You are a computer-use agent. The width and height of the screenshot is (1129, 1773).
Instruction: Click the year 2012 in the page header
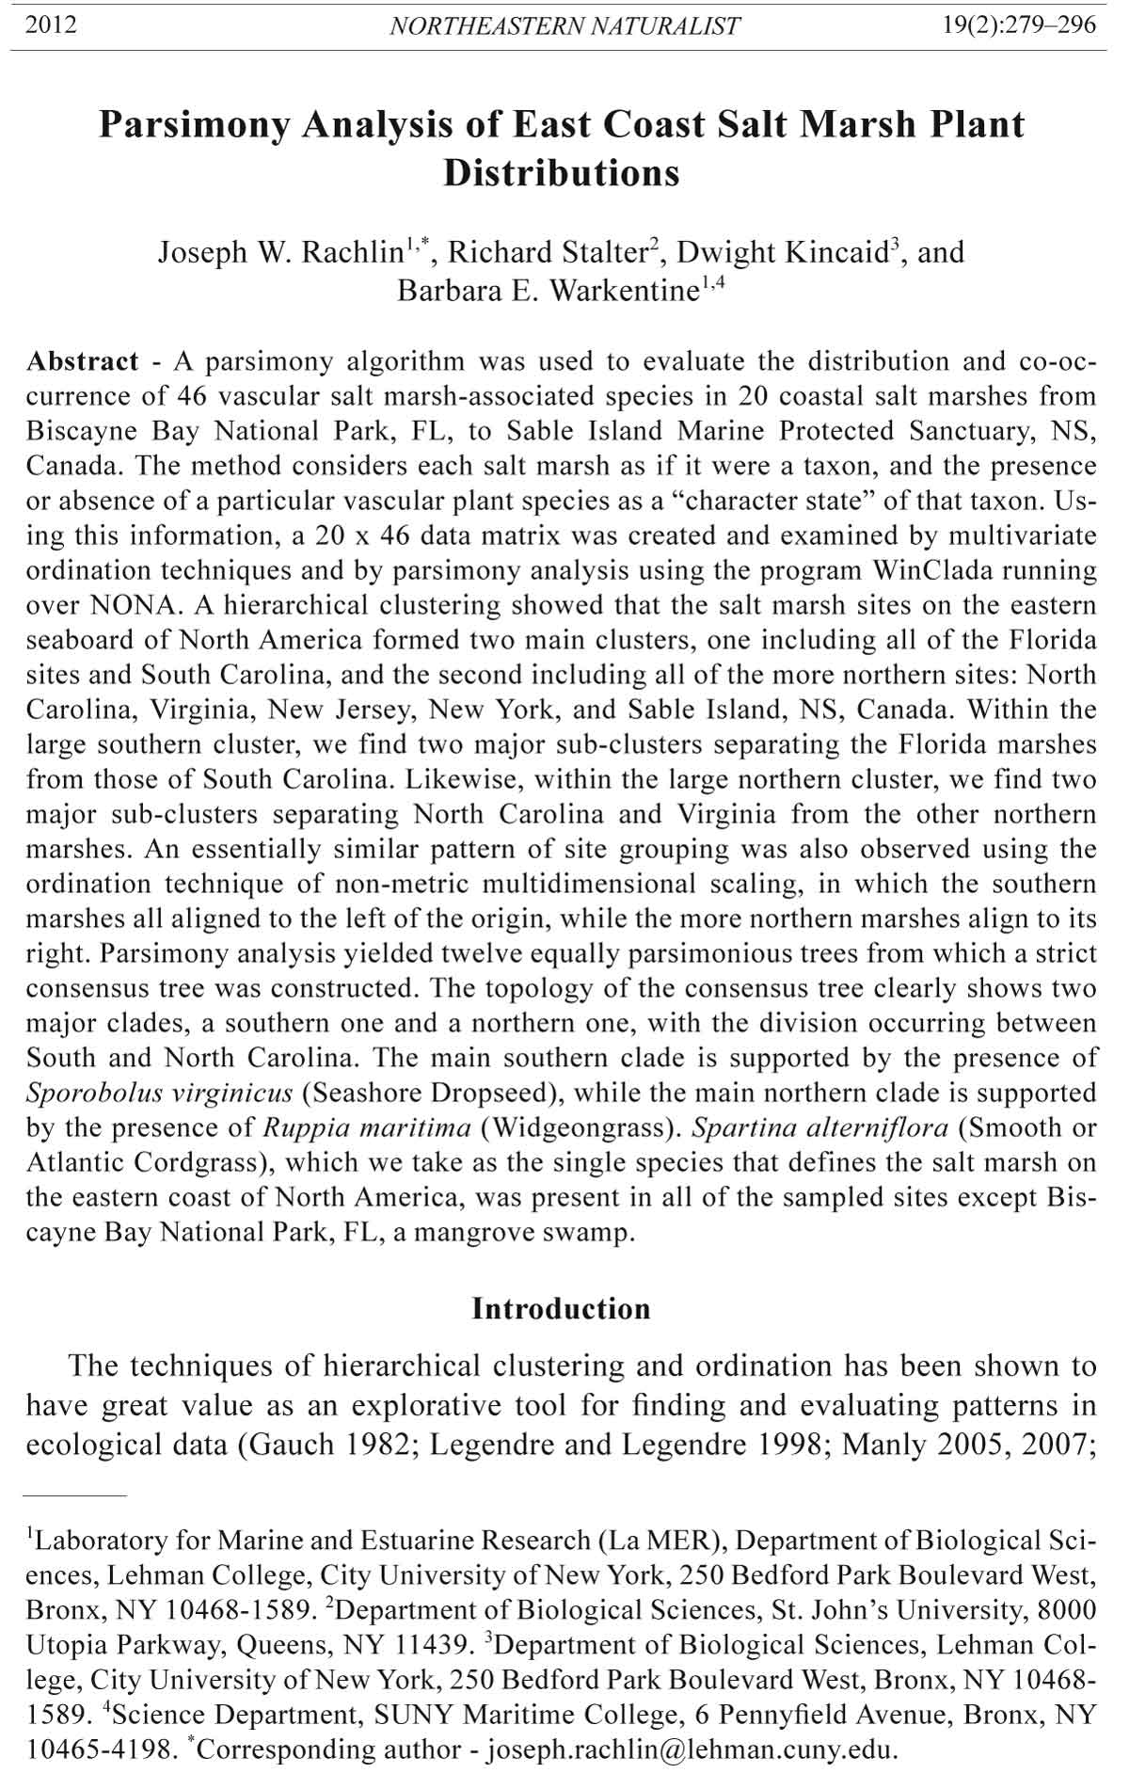click(51, 25)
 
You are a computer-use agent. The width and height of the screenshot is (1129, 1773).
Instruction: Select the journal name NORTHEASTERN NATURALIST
click(564, 26)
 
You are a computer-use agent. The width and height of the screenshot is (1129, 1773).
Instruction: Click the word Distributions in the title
click(562, 173)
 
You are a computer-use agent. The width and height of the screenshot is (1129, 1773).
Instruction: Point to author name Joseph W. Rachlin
click(280, 253)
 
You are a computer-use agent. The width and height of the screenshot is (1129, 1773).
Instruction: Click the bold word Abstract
click(83, 361)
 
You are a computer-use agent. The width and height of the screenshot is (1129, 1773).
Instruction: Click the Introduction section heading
click(561, 1309)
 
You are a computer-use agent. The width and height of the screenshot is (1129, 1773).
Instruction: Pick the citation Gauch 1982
click(333, 1445)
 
